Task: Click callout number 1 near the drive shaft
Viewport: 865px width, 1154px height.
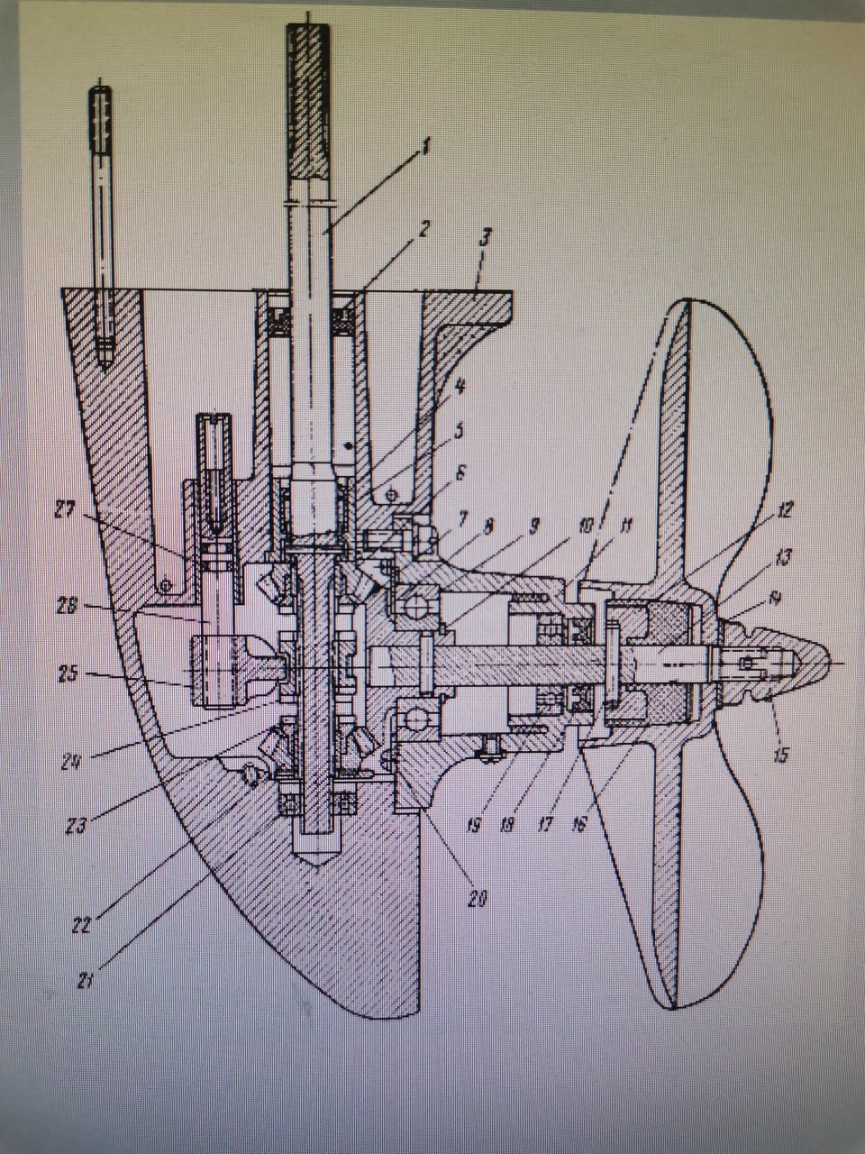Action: (x=426, y=145)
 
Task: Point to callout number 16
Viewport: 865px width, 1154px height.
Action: (x=578, y=824)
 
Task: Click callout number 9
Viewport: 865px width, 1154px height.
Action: (x=533, y=524)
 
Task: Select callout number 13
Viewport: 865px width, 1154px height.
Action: (x=782, y=558)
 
